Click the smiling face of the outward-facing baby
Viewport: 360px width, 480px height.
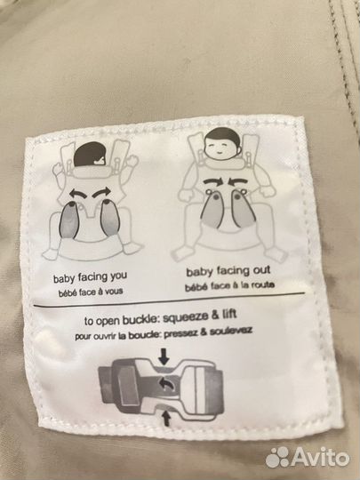click(x=220, y=148)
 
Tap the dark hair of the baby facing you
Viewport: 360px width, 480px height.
click(x=90, y=154)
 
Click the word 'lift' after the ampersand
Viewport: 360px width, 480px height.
click(x=229, y=315)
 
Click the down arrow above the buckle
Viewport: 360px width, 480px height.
click(x=164, y=356)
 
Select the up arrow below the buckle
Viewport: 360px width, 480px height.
click(x=165, y=418)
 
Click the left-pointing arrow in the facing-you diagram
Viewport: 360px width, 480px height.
click(x=79, y=193)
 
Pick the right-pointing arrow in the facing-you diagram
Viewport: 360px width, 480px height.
click(x=102, y=192)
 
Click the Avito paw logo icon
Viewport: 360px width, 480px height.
click(x=277, y=457)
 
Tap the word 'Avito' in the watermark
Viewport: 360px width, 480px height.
click(x=320, y=458)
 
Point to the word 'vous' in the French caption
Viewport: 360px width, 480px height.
click(x=114, y=291)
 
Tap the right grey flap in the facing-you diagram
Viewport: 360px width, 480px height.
click(x=109, y=218)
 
